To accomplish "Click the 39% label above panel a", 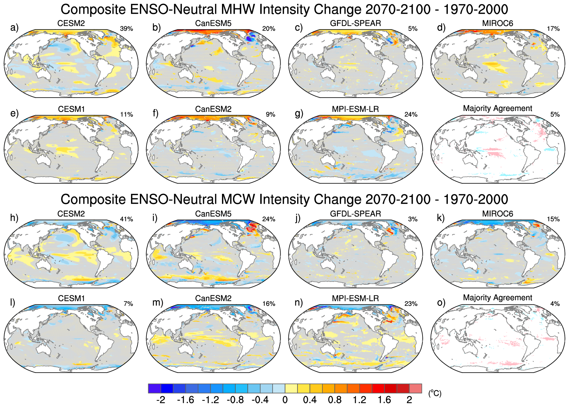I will click(126, 29).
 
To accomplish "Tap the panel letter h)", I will click(14, 218).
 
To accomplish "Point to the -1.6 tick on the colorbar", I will click(185, 400).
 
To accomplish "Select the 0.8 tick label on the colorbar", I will click(335, 400).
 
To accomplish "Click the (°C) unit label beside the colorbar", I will click(434, 393).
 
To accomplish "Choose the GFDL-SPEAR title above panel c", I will click(355, 23).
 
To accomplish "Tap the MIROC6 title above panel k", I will click(498, 214).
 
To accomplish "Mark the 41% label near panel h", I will click(126, 219).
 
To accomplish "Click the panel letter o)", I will click(441, 303).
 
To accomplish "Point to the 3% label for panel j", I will click(413, 219).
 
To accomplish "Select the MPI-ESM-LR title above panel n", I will click(355, 298).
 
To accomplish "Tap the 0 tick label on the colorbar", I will click(285, 400).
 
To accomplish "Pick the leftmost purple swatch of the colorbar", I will click(155, 388).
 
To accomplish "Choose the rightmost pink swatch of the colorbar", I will click(416, 388).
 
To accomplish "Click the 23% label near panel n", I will click(411, 304).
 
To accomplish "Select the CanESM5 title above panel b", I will click(213, 23).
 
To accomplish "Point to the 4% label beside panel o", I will click(555, 304).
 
